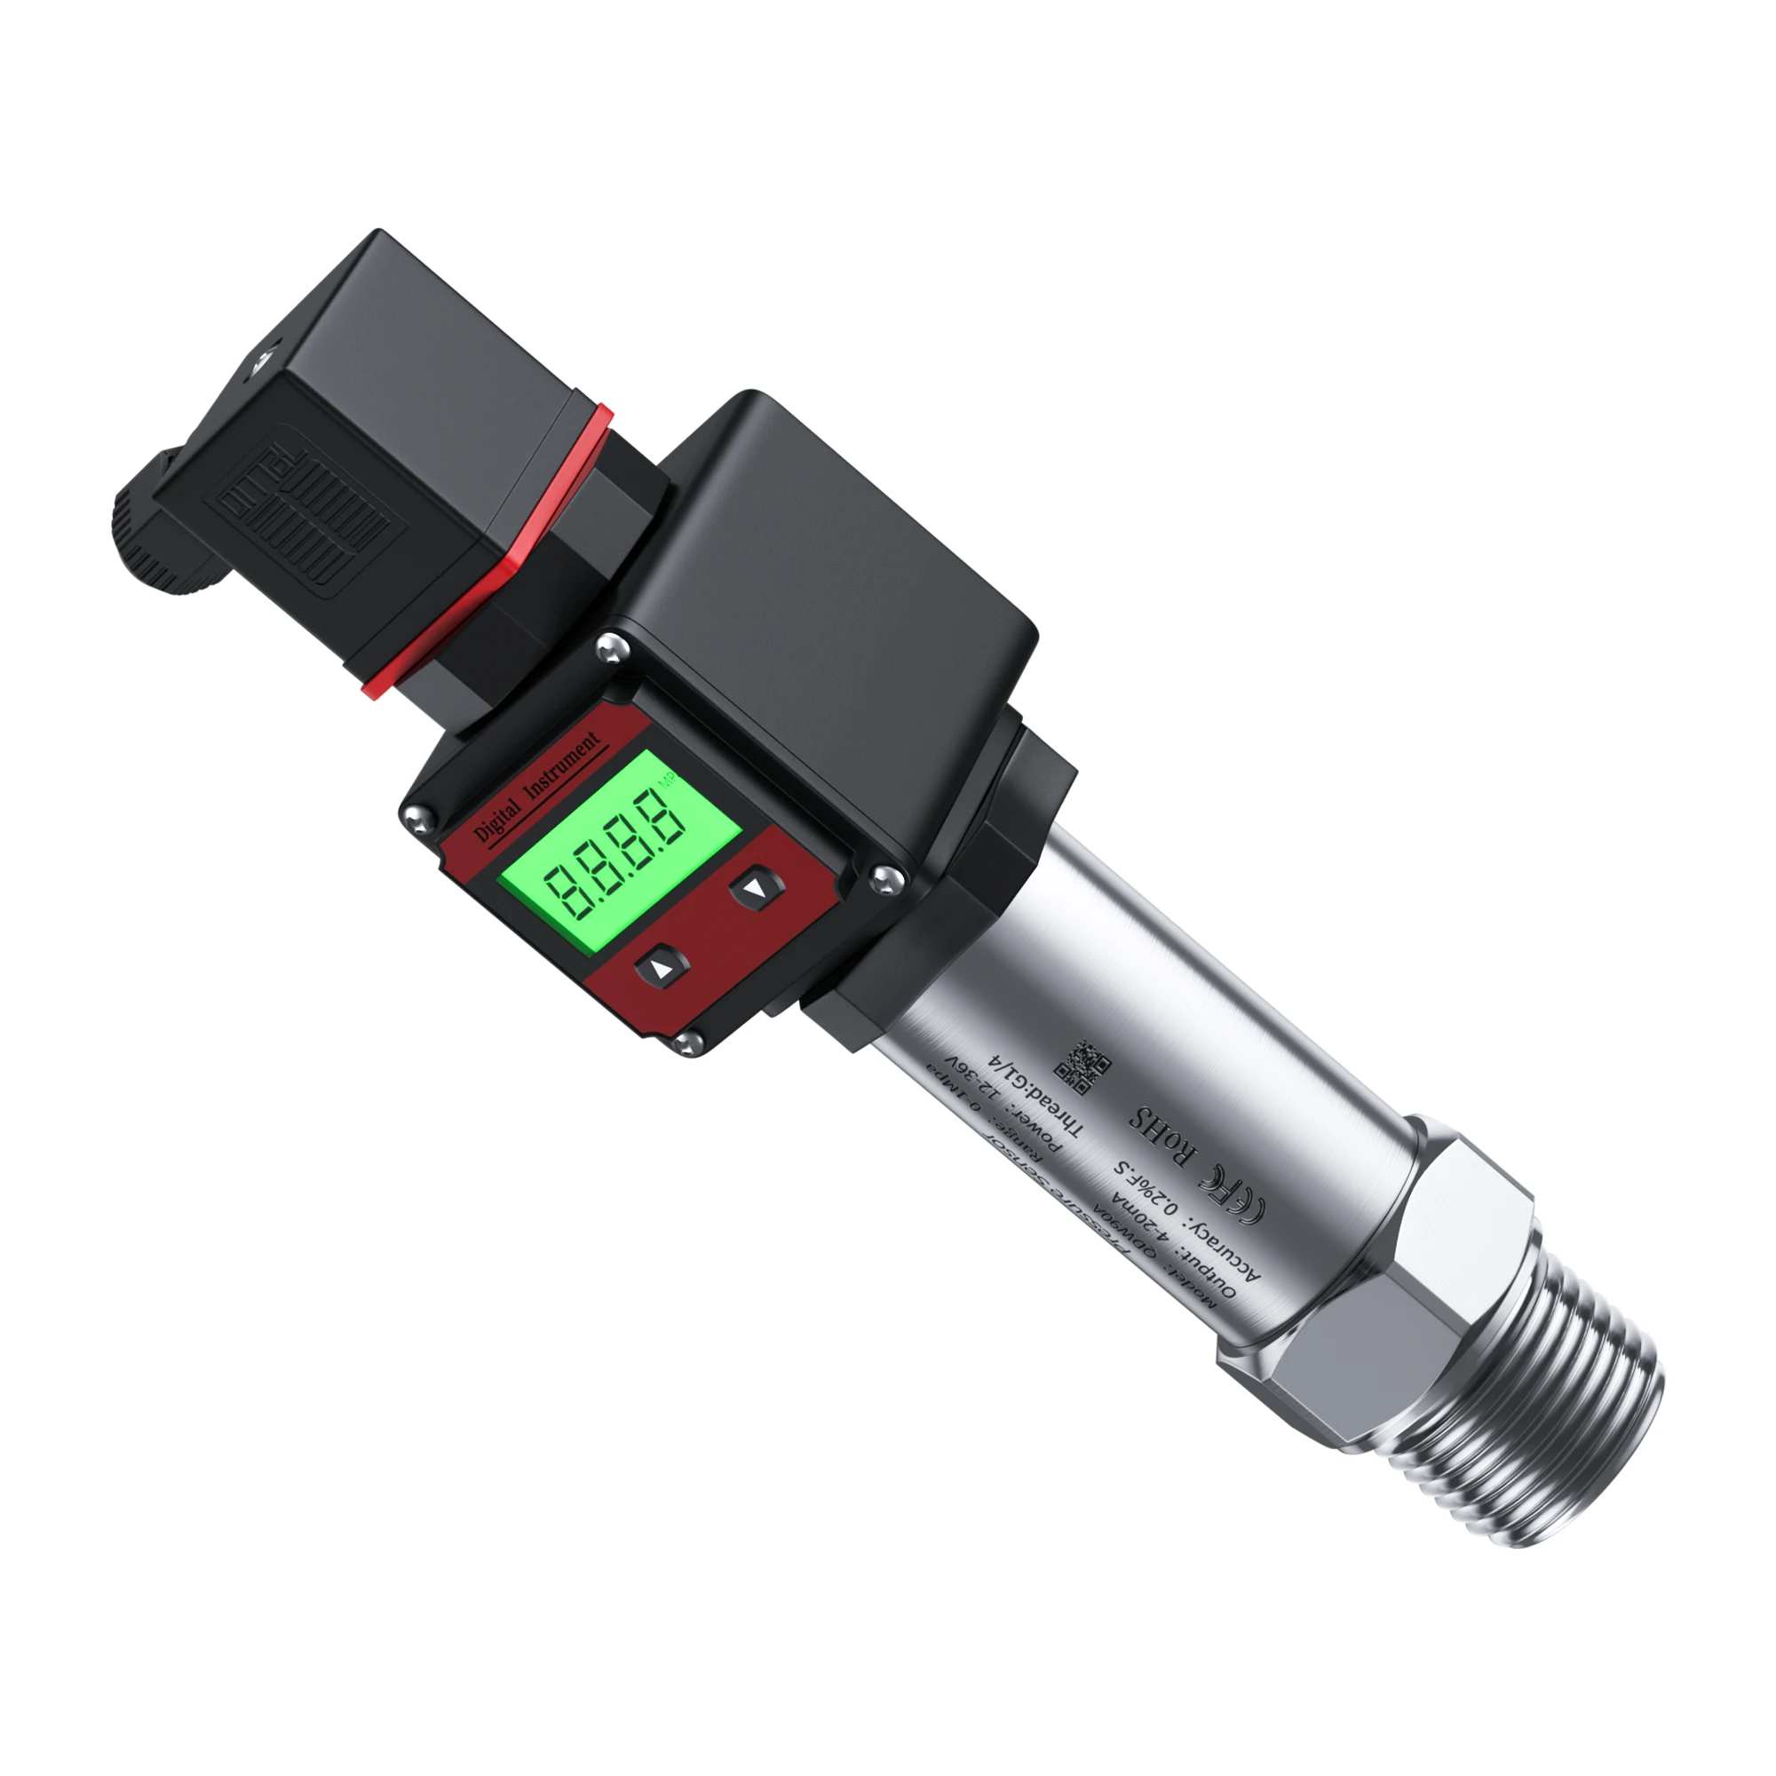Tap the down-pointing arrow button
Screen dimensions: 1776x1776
(x=757, y=889)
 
